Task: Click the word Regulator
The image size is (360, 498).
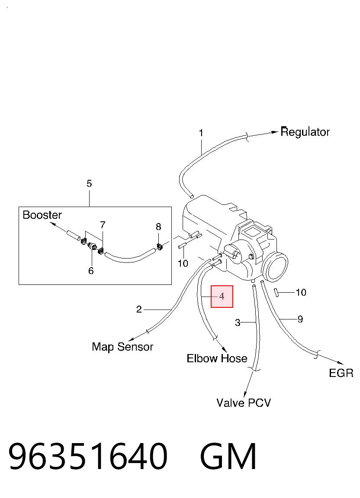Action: [305, 132]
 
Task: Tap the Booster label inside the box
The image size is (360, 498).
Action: [42, 215]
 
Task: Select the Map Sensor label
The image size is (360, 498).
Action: [122, 347]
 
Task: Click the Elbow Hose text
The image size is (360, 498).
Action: [217, 358]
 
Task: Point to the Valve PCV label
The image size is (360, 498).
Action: [244, 403]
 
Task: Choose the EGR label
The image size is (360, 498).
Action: [341, 373]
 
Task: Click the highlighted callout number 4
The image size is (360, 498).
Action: [222, 296]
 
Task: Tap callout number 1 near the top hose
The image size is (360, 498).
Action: [201, 133]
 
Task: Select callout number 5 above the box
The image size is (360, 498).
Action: [89, 183]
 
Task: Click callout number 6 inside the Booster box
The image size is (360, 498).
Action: [91, 271]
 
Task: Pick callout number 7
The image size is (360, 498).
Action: [103, 225]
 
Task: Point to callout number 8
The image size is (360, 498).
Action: [158, 227]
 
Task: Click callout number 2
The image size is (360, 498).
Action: [139, 310]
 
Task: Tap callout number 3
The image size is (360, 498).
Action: [238, 323]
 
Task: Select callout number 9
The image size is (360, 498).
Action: [300, 319]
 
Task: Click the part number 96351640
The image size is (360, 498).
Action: [88, 456]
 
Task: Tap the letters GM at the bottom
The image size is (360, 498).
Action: [228, 456]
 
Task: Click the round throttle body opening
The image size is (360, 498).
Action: [275, 266]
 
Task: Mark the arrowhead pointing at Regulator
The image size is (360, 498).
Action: [275, 132]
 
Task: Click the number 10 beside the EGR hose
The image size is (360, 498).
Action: [301, 292]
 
